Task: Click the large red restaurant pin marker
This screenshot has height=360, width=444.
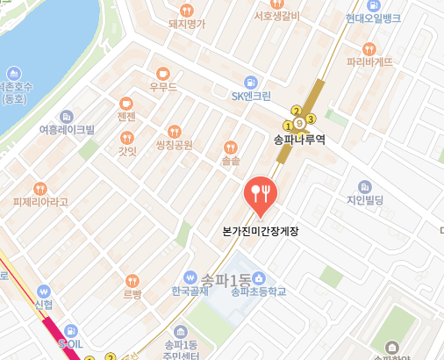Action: (x=259, y=194)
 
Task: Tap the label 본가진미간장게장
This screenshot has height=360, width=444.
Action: (x=261, y=232)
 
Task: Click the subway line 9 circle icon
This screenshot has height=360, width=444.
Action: (x=299, y=120)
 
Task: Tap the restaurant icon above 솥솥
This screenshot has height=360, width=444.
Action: (x=231, y=147)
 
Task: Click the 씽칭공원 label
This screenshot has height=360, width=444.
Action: (x=173, y=144)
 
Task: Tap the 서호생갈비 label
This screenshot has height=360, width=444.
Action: (x=276, y=16)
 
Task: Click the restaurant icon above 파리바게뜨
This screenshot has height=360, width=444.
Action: (x=369, y=46)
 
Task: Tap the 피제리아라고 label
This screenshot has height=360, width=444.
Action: (x=39, y=202)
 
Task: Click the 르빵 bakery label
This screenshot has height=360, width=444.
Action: (x=132, y=295)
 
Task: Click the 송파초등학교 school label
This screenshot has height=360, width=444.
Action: (x=259, y=291)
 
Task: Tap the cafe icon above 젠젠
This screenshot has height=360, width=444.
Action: (x=125, y=102)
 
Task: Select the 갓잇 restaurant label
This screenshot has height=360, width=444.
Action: (x=127, y=150)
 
